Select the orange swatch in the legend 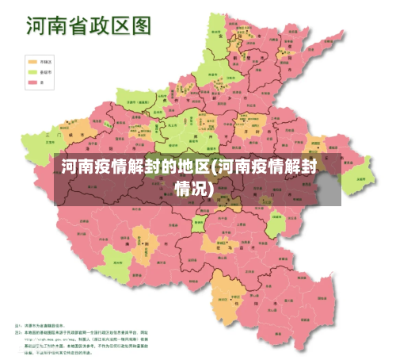pyautogui.click(x=32, y=60)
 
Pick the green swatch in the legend pyautogui.click(x=32, y=71)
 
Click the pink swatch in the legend pyautogui.click(x=32, y=81)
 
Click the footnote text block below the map pyautogui.click(x=87, y=339)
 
